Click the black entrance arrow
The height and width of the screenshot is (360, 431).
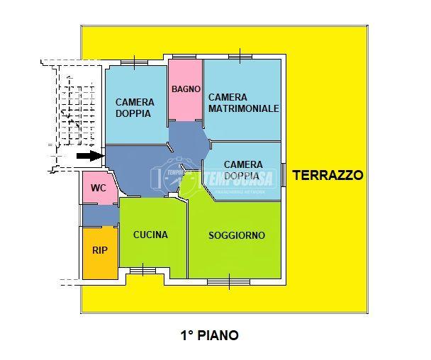point(89,156)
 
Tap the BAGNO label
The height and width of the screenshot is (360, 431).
point(186,89)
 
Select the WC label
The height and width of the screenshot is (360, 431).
point(99,188)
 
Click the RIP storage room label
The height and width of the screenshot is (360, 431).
point(99,250)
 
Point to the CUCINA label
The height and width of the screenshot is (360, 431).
point(150,235)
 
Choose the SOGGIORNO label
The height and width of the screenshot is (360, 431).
point(237,235)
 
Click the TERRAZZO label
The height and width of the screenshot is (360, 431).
point(328,175)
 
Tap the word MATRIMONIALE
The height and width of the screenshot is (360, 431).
point(244,108)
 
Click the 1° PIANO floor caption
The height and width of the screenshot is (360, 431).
point(210,335)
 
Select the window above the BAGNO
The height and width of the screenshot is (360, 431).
point(184,57)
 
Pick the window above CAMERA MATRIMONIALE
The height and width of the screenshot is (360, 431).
point(240,57)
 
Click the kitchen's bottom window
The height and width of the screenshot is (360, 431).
point(142,271)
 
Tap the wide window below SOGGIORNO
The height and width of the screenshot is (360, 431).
point(229,282)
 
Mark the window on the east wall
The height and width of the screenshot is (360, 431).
point(284,175)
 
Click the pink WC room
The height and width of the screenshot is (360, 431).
point(100,189)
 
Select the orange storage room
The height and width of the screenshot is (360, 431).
point(101,254)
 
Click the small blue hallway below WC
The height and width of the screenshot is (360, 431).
point(101,215)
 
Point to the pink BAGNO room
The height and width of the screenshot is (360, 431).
point(186,90)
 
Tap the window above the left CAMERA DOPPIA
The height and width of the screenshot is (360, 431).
point(135,62)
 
